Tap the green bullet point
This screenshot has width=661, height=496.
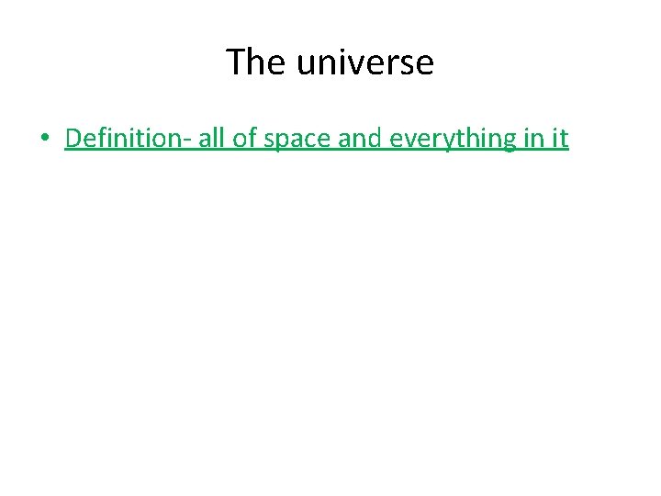coord(44,140)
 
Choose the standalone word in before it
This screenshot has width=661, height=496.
coord(536,139)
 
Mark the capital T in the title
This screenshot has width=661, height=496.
coord(235,62)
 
